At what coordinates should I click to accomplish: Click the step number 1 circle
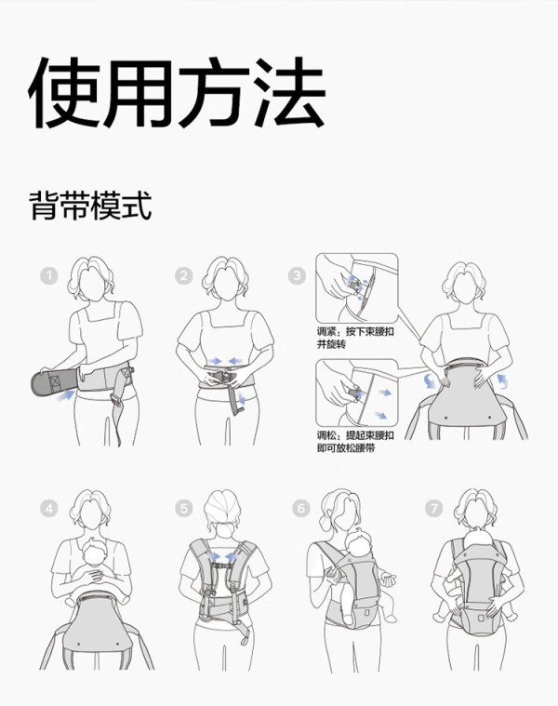tap(49, 275)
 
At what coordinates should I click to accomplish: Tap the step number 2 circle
tap(183, 275)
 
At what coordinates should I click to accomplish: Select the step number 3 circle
tap(297, 275)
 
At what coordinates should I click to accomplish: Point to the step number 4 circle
tap(49, 509)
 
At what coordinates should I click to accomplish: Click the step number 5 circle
tap(183, 509)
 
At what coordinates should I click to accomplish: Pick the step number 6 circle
tap(301, 509)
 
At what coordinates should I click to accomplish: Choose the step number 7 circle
tap(433, 509)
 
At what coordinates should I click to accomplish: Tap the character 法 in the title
tap(289, 92)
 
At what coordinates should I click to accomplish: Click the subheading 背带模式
tap(90, 206)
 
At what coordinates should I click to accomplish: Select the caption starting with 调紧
tap(355, 338)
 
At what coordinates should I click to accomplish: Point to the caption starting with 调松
tap(355, 442)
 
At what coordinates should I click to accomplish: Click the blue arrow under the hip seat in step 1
tap(66, 395)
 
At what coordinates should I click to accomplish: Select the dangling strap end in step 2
tap(235, 401)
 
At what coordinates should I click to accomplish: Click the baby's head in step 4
tap(95, 552)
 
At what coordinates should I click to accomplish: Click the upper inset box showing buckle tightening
tap(357, 288)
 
